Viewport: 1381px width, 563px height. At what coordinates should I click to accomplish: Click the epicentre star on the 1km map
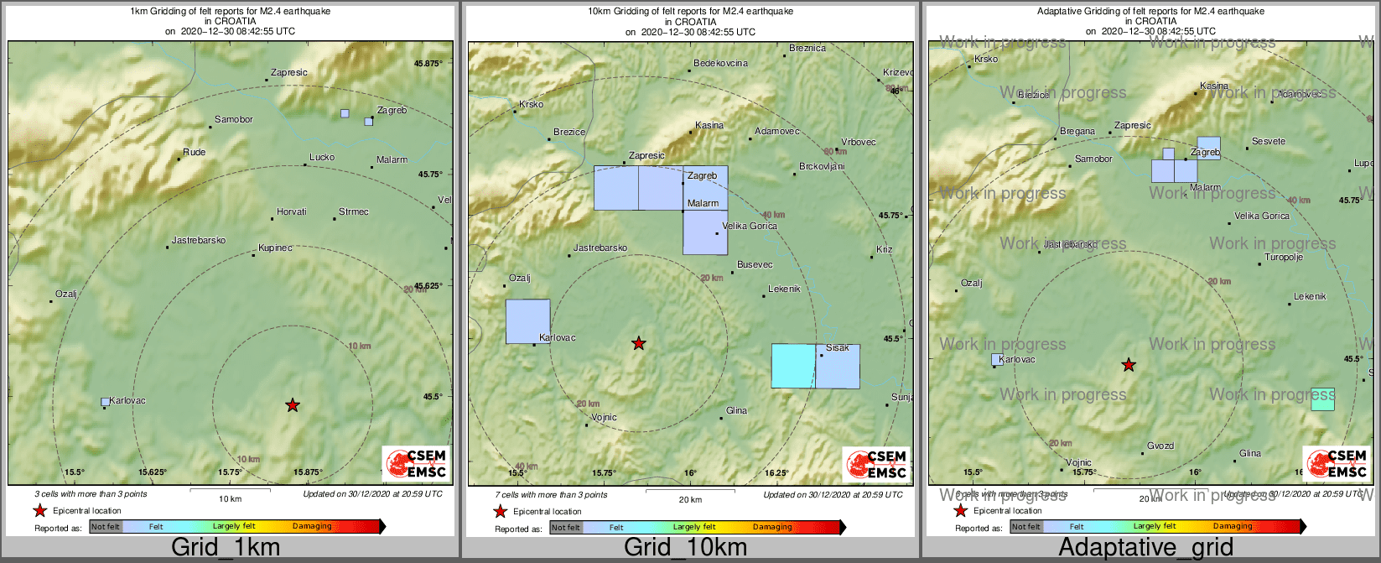(292, 405)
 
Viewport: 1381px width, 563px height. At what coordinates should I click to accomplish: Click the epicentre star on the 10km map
(639, 343)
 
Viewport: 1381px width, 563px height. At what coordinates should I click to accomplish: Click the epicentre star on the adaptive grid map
(1129, 365)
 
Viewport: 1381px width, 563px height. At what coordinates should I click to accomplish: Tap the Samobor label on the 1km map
(233, 120)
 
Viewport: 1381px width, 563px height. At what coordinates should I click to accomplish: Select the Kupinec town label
(275, 248)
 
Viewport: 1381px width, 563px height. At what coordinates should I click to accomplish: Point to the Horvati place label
(291, 212)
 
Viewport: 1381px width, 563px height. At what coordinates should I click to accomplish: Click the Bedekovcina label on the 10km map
(720, 64)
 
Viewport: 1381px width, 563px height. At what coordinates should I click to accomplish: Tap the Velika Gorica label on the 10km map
(750, 227)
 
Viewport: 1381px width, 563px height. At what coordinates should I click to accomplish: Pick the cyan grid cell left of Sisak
(792, 366)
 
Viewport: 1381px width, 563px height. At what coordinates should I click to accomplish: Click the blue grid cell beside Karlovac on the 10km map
(527, 321)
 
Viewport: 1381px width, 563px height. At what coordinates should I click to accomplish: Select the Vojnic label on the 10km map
(604, 418)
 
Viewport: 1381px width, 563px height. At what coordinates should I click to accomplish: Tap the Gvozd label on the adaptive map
(1160, 446)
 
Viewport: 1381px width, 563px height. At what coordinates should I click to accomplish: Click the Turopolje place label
(1284, 258)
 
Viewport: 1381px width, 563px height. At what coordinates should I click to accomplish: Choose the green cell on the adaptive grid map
(1322, 399)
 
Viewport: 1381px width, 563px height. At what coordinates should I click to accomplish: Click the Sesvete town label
(1268, 142)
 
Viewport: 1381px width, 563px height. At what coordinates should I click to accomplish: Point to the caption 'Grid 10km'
(685, 548)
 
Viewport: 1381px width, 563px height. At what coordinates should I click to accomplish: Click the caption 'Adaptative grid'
(1145, 548)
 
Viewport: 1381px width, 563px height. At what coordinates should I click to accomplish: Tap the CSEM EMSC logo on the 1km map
(416, 463)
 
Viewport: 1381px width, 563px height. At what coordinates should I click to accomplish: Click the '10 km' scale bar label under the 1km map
(230, 499)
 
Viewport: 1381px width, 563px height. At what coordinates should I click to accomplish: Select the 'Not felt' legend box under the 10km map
(565, 528)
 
